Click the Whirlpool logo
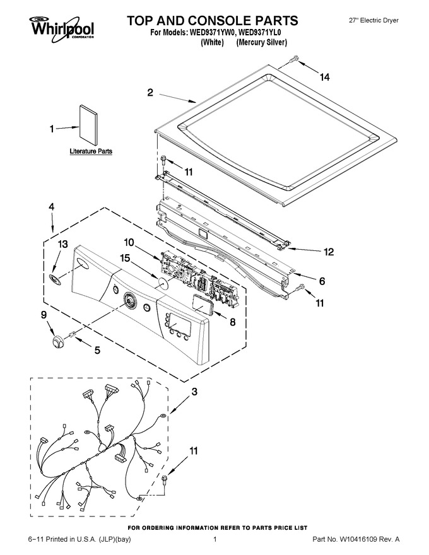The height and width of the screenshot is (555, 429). pyautogui.click(x=62, y=27)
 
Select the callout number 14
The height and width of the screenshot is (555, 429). pyautogui.click(x=324, y=77)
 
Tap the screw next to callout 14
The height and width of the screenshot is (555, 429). pyautogui.click(x=294, y=60)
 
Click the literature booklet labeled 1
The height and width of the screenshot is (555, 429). pyautogui.click(x=88, y=125)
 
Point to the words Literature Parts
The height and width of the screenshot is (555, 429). pyautogui.click(x=91, y=151)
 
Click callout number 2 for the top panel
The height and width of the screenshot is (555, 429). pyautogui.click(x=150, y=93)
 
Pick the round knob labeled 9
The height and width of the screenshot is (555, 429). pyautogui.click(x=57, y=342)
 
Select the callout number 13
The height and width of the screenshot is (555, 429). pyautogui.click(x=62, y=244)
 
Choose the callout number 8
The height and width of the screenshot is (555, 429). pyautogui.click(x=233, y=322)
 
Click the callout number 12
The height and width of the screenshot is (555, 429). pyautogui.click(x=329, y=252)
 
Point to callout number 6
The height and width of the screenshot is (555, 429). pyautogui.click(x=322, y=281)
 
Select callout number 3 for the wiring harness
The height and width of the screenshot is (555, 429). pyautogui.click(x=194, y=392)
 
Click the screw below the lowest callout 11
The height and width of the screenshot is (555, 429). pyautogui.click(x=164, y=479)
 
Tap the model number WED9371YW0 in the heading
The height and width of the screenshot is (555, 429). pyautogui.click(x=213, y=33)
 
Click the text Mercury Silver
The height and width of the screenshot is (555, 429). pyautogui.click(x=262, y=42)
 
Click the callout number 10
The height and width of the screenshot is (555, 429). pyautogui.click(x=129, y=242)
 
